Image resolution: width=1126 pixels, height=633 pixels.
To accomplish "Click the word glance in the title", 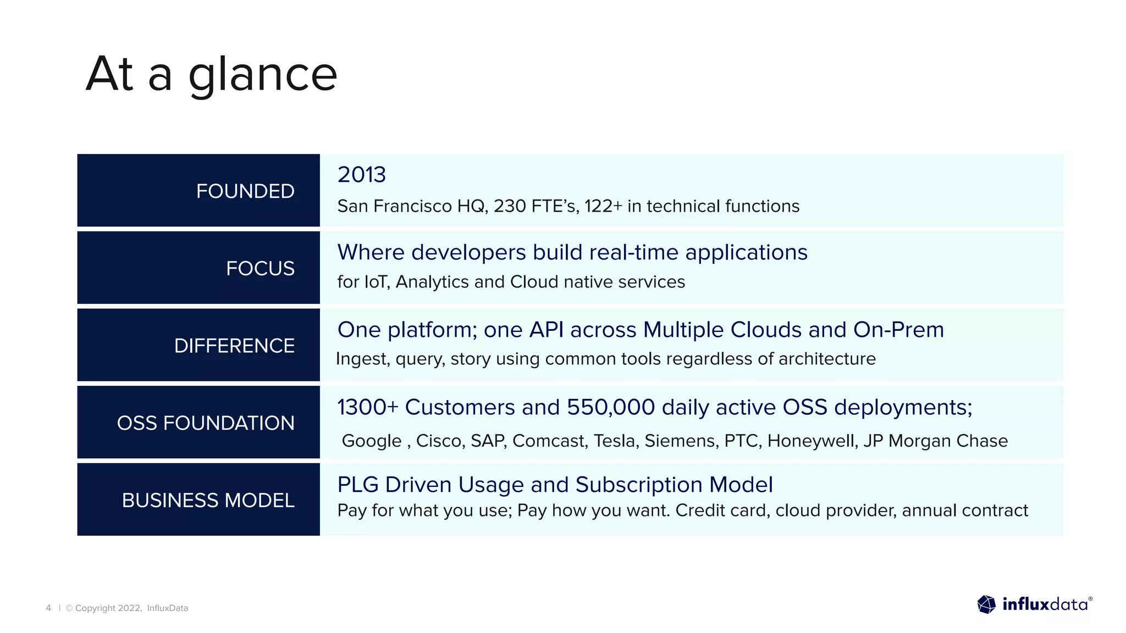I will [263, 76].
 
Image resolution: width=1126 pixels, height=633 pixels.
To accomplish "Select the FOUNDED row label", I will [245, 191].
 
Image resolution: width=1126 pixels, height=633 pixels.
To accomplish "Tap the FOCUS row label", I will [260, 269].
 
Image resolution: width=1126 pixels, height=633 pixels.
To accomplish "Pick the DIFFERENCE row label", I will [234, 346].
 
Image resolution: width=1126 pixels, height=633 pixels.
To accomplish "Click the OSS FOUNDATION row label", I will [206, 423].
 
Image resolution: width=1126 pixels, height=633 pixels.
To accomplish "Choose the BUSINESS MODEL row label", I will [208, 501].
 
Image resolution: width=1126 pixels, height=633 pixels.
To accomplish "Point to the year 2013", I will [361, 175].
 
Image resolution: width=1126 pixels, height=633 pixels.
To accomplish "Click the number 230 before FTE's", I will [510, 206].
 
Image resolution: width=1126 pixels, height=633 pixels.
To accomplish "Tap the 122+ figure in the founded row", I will [603, 206].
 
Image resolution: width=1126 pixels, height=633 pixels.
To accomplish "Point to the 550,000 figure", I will [611, 407].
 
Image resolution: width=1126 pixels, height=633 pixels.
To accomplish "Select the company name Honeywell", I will [813, 441].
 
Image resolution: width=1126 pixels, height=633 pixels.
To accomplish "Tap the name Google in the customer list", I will [372, 441].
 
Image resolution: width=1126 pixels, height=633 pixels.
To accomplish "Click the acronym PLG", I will [358, 485].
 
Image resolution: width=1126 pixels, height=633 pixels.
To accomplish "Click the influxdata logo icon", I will [986, 604].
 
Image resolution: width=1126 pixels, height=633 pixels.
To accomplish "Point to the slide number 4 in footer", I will [48, 608].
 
